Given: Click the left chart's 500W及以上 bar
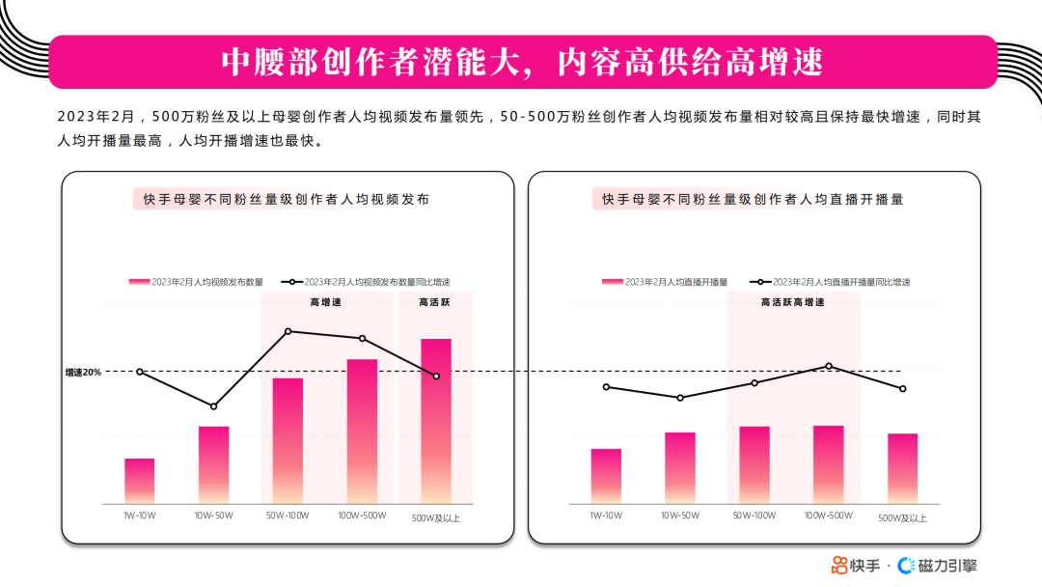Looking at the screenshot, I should tap(436, 420).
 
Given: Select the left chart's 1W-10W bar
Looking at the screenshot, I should tap(140, 480).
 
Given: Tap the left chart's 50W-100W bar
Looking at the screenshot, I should tap(288, 439).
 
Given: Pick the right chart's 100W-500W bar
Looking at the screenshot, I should tap(828, 463).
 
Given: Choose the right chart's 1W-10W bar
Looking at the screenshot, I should tap(606, 475).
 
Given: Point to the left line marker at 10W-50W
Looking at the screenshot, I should tap(214, 406).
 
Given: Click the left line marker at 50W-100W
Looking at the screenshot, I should tap(288, 331).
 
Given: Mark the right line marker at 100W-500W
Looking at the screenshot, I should tap(828, 366).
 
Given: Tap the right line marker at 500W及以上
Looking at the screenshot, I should tap(902, 389).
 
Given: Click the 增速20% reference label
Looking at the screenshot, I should tap(83, 372).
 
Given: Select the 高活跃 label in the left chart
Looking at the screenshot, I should tap(434, 302).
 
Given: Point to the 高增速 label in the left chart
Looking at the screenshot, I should tap(325, 302).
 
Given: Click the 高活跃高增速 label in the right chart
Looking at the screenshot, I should tap(792, 302).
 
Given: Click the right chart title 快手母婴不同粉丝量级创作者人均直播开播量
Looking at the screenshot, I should tap(753, 199).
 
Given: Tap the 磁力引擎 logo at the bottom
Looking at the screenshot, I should tap(937, 565).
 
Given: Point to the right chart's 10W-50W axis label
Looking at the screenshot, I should tap(680, 516).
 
